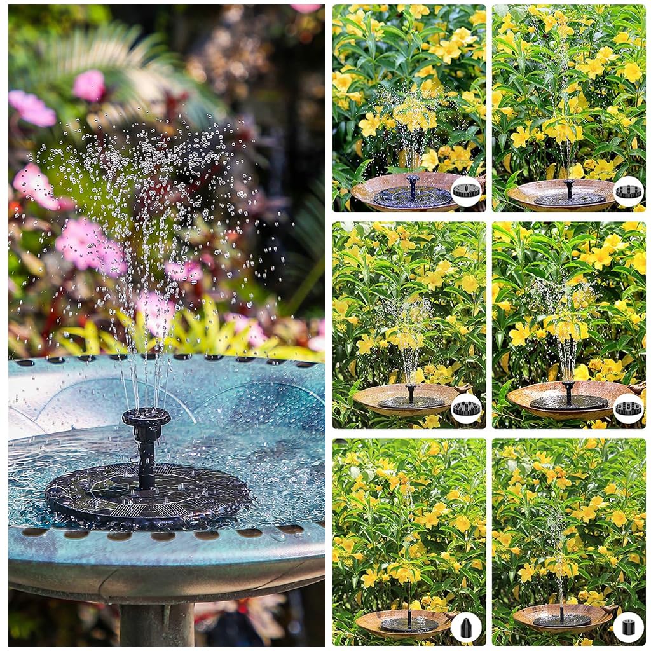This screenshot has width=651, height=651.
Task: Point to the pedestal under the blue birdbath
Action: point(156,623)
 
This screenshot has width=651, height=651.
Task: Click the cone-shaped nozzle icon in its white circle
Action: point(465,627)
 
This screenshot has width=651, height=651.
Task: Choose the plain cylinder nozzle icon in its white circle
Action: point(628,627)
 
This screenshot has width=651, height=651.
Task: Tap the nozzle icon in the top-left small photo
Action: point(466,191)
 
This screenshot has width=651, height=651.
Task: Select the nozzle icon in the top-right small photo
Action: point(628,191)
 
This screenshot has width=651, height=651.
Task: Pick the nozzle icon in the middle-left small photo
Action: point(466,408)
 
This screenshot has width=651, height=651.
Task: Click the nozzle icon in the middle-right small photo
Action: point(628,408)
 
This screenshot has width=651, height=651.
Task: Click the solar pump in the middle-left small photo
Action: point(411,401)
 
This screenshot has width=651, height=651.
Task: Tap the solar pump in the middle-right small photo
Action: point(568,401)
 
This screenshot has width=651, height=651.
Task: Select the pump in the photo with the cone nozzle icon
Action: point(409,623)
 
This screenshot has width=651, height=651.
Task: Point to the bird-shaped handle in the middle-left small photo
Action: point(467,387)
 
